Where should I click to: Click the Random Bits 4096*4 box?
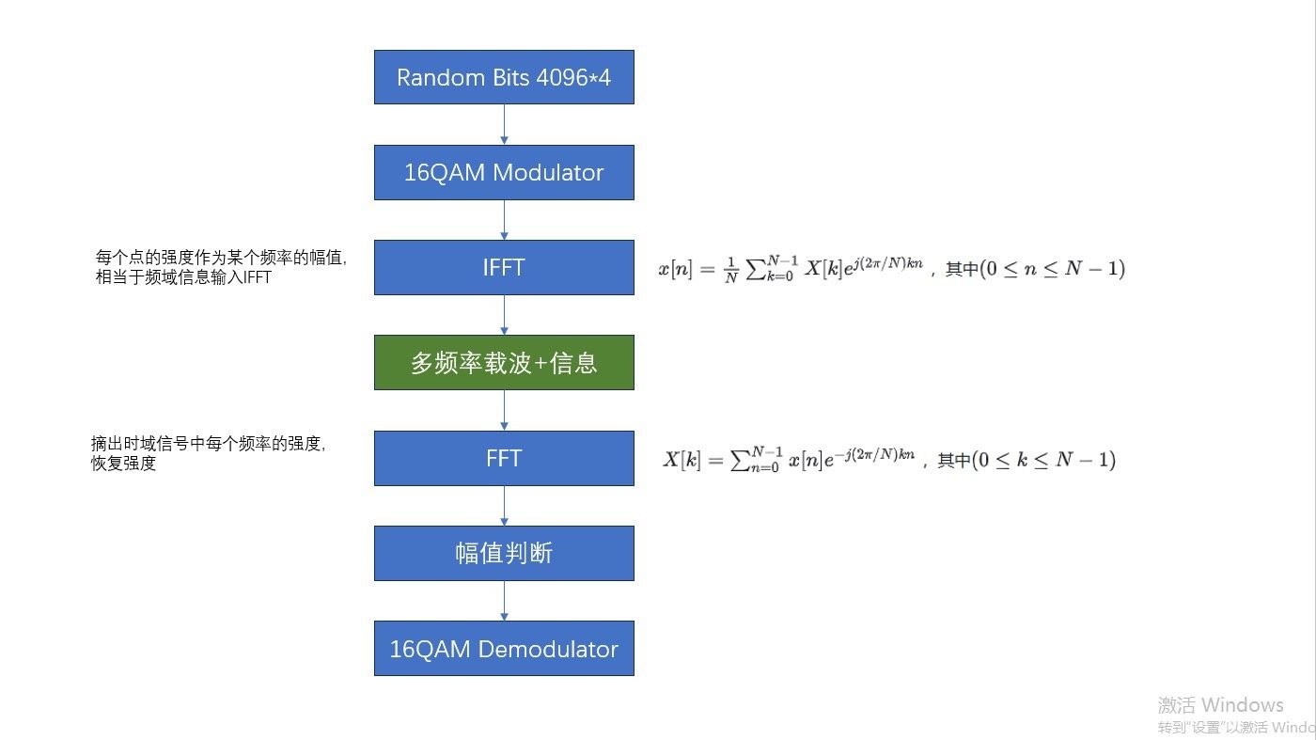tap(504, 77)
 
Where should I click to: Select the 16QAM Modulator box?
tap(504, 172)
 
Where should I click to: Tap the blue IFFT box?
tap(504, 267)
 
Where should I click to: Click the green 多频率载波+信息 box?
tap(504, 362)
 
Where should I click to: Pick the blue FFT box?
tap(504, 458)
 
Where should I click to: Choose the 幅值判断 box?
tap(504, 553)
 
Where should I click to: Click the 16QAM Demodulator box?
tap(504, 648)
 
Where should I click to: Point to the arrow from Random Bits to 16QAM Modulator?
tap(505, 124)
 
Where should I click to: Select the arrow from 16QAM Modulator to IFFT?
tap(505, 219)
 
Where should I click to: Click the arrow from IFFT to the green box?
tap(505, 315)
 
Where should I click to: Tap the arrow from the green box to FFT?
tap(505, 410)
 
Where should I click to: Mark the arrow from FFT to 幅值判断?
tap(505, 506)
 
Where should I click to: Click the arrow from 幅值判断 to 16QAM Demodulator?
tap(505, 601)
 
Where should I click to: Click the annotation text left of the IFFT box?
tap(222, 267)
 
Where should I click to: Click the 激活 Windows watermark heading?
tap(1220, 705)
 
